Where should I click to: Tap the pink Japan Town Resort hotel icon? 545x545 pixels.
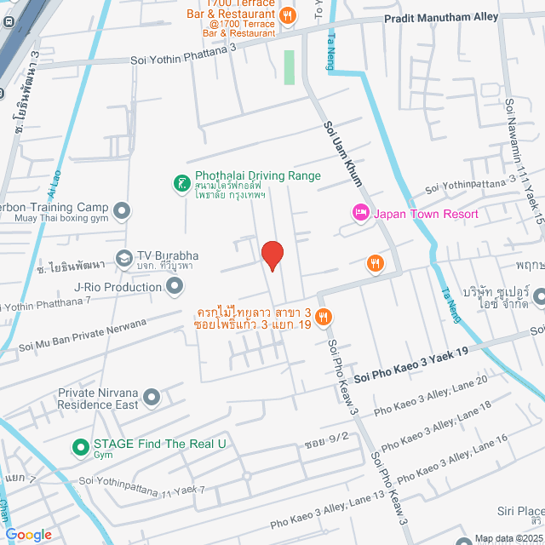click(359, 213)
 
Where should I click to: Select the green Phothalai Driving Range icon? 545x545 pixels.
click(181, 182)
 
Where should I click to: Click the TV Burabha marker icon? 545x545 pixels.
click(124, 256)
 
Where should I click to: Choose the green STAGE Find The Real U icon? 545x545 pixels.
click(80, 445)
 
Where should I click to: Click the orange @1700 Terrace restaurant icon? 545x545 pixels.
click(289, 14)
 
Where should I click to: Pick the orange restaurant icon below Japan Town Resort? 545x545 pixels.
click(374, 263)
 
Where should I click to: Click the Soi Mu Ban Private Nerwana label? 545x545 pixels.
click(82, 336)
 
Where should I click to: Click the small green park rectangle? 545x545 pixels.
click(289, 66)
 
